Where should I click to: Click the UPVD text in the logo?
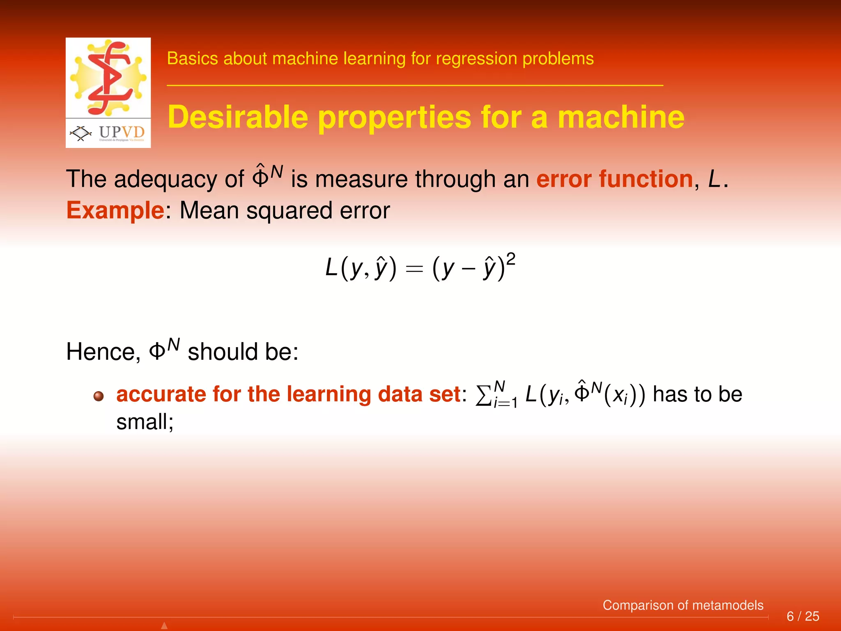pos(122,132)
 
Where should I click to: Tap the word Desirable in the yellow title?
pos(238,117)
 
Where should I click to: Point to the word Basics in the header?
pos(192,59)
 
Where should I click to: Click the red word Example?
pos(115,211)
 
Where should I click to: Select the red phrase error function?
pos(614,180)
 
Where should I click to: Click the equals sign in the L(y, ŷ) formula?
pos(414,269)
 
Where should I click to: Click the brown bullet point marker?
pos(99,396)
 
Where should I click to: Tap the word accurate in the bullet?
pos(161,394)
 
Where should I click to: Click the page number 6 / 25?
pos(802,616)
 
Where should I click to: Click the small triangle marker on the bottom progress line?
pos(164,626)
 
